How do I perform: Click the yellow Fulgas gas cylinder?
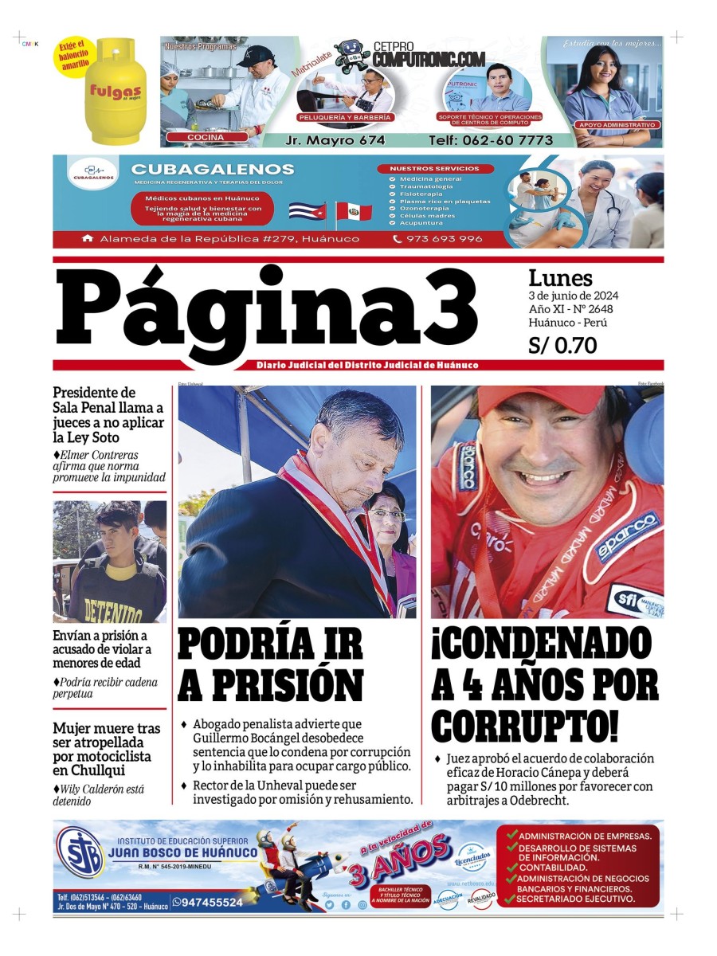(x=116, y=92)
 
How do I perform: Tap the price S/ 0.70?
(x=562, y=346)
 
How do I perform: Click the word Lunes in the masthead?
(x=561, y=278)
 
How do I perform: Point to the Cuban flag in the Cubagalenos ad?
(x=307, y=212)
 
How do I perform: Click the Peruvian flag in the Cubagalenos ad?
(x=354, y=212)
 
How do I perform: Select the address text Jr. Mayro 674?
(x=335, y=140)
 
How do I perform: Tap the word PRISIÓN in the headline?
(x=270, y=684)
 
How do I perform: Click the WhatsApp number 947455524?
(x=213, y=903)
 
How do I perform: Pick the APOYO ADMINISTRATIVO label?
(x=618, y=125)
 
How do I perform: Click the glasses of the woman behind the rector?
(x=387, y=514)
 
